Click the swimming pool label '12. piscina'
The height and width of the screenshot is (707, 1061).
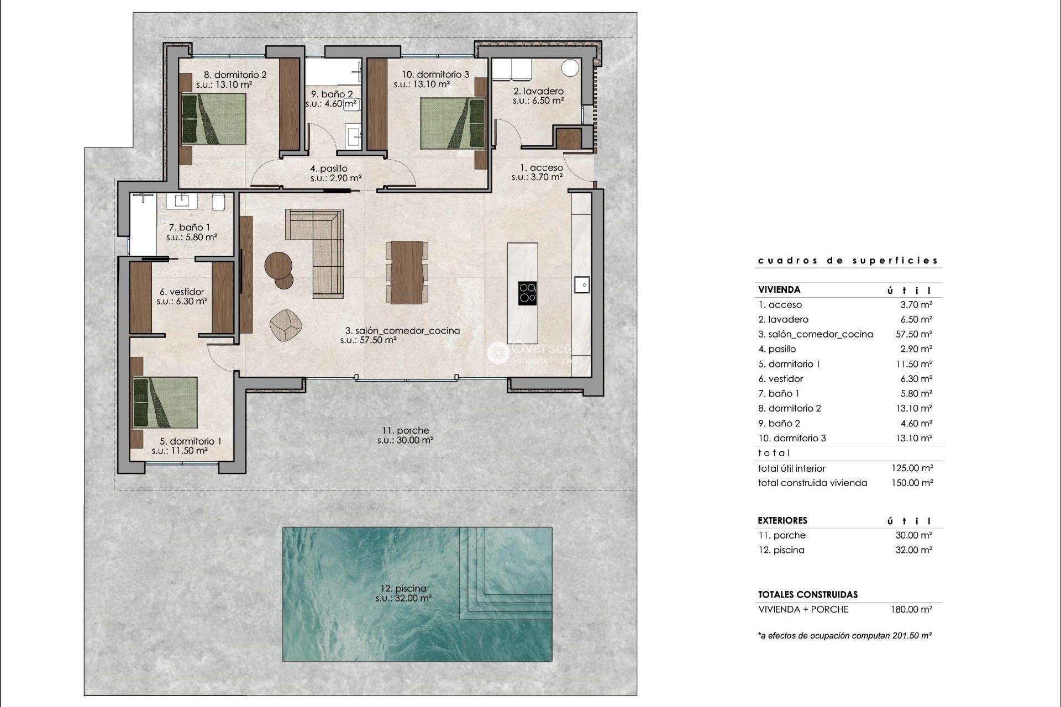403,589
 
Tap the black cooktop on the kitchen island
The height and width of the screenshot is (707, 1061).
527,293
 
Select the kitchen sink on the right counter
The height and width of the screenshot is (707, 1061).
581,284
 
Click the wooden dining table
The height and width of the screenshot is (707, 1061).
407,272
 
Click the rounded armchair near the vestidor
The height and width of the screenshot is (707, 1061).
286,325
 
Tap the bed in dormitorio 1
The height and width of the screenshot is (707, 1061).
165,403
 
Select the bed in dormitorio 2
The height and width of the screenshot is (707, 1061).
214,119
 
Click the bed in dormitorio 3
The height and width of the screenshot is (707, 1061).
452,123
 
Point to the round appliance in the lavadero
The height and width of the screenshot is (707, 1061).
570,68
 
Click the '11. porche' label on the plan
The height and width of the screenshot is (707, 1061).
405,431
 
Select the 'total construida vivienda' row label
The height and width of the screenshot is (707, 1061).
812,483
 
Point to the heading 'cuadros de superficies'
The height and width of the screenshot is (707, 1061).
848,260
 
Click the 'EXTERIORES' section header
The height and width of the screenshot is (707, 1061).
782,520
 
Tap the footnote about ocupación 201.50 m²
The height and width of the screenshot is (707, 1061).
844,636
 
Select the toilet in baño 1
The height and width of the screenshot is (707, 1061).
218,202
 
